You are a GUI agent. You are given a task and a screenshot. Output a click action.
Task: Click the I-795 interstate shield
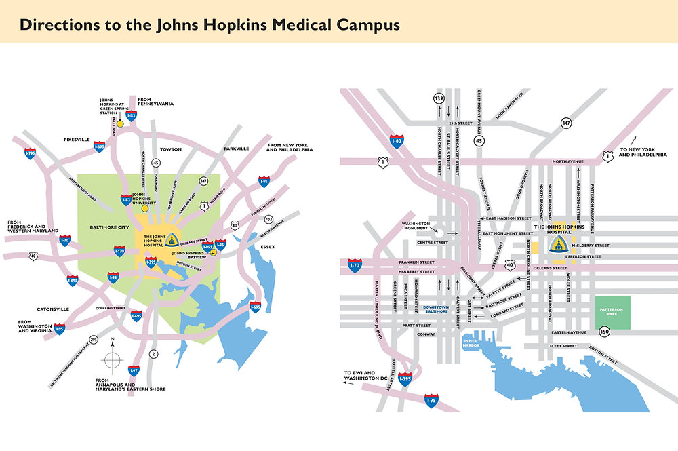coord(29,154)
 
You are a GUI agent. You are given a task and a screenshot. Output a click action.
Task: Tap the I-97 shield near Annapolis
coord(134,370)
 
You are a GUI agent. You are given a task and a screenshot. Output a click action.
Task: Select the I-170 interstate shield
coord(119,251)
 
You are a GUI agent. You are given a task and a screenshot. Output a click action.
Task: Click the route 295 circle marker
coord(93,340)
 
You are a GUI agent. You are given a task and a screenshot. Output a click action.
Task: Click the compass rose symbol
coord(113,358)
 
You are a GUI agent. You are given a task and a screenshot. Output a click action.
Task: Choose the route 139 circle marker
coord(439,99)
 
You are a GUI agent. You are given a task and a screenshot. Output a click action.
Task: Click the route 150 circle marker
coord(603,332)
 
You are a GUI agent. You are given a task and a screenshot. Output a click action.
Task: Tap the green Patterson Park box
coord(613,312)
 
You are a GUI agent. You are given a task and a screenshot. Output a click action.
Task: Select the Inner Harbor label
coord(471,342)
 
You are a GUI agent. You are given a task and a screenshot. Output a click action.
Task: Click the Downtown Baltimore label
coord(437,310)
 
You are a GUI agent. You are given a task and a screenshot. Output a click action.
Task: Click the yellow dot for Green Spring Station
coord(120,124)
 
